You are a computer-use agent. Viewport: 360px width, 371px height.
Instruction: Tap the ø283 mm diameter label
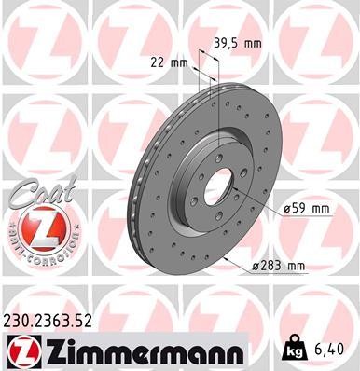pos(278,267)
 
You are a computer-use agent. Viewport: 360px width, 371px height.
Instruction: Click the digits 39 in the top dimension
pos(222,44)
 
